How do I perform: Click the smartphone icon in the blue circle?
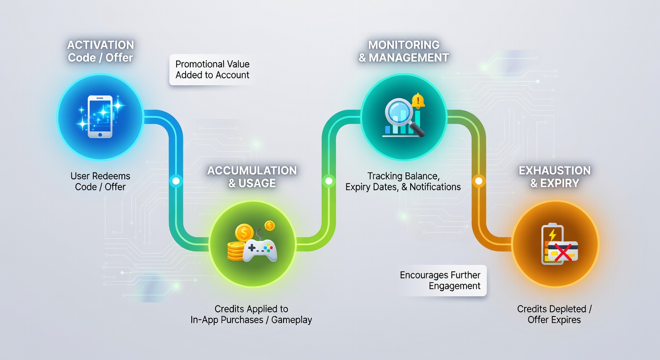coord(100,116)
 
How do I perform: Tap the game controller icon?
coord(260,251)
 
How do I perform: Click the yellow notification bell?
coord(418,101)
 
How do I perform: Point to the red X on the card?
coord(563,252)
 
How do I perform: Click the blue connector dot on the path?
coord(176,180)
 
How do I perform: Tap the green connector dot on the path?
coord(329,180)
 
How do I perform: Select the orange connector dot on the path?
coord(479,180)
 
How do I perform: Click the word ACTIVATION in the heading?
coord(100,45)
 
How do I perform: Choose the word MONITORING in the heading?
coord(404,45)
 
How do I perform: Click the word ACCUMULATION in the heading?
coord(252,171)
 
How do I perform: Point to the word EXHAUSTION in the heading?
coord(555,171)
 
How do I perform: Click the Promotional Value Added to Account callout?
coord(212,69)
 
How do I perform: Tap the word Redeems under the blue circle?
coord(111,176)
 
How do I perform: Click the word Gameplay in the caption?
coord(292,320)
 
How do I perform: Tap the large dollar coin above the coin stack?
coord(244,233)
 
